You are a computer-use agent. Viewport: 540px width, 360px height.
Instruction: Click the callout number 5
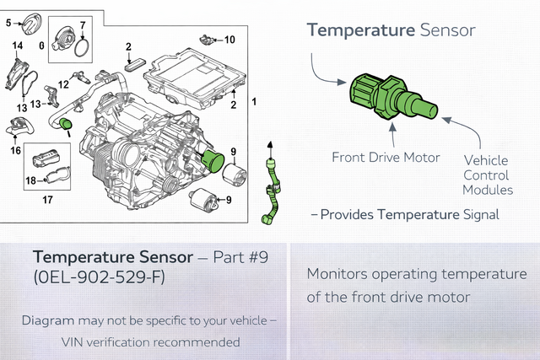click(x=8, y=23)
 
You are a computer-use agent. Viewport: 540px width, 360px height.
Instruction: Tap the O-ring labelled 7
click(x=76, y=47)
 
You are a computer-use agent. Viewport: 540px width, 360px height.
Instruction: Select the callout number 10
click(x=229, y=40)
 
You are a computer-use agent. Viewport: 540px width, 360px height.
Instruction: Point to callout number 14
click(x=18, y=46)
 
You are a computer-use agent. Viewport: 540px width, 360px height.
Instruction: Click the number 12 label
click(x=63, y=84)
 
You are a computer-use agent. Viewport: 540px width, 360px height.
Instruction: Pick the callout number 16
click(x=15, y=150)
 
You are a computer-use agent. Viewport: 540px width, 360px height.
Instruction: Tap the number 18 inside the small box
click(x=30, y=180)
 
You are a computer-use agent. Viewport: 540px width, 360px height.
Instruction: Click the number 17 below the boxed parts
click(x=47, y=200)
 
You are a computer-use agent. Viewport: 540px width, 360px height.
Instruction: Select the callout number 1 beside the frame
click(x=254, y=101)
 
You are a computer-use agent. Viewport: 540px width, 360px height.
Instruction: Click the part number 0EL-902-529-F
click(x=100, y=277)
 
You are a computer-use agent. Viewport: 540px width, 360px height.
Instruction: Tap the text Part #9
click(x=240, y=257)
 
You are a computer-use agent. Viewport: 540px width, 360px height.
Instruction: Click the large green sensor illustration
click(x=394, y=97)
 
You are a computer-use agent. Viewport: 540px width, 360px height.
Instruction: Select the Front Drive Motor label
click(x=386, y=158)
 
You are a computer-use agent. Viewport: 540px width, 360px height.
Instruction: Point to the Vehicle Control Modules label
click(x=488, y=175)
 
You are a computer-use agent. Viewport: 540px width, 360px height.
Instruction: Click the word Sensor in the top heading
click(x=448, y=30)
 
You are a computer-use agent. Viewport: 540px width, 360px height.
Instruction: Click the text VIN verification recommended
click(x=150, y=342)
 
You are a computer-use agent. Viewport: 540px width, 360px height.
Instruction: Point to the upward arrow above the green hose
click(x=270, y=149)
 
